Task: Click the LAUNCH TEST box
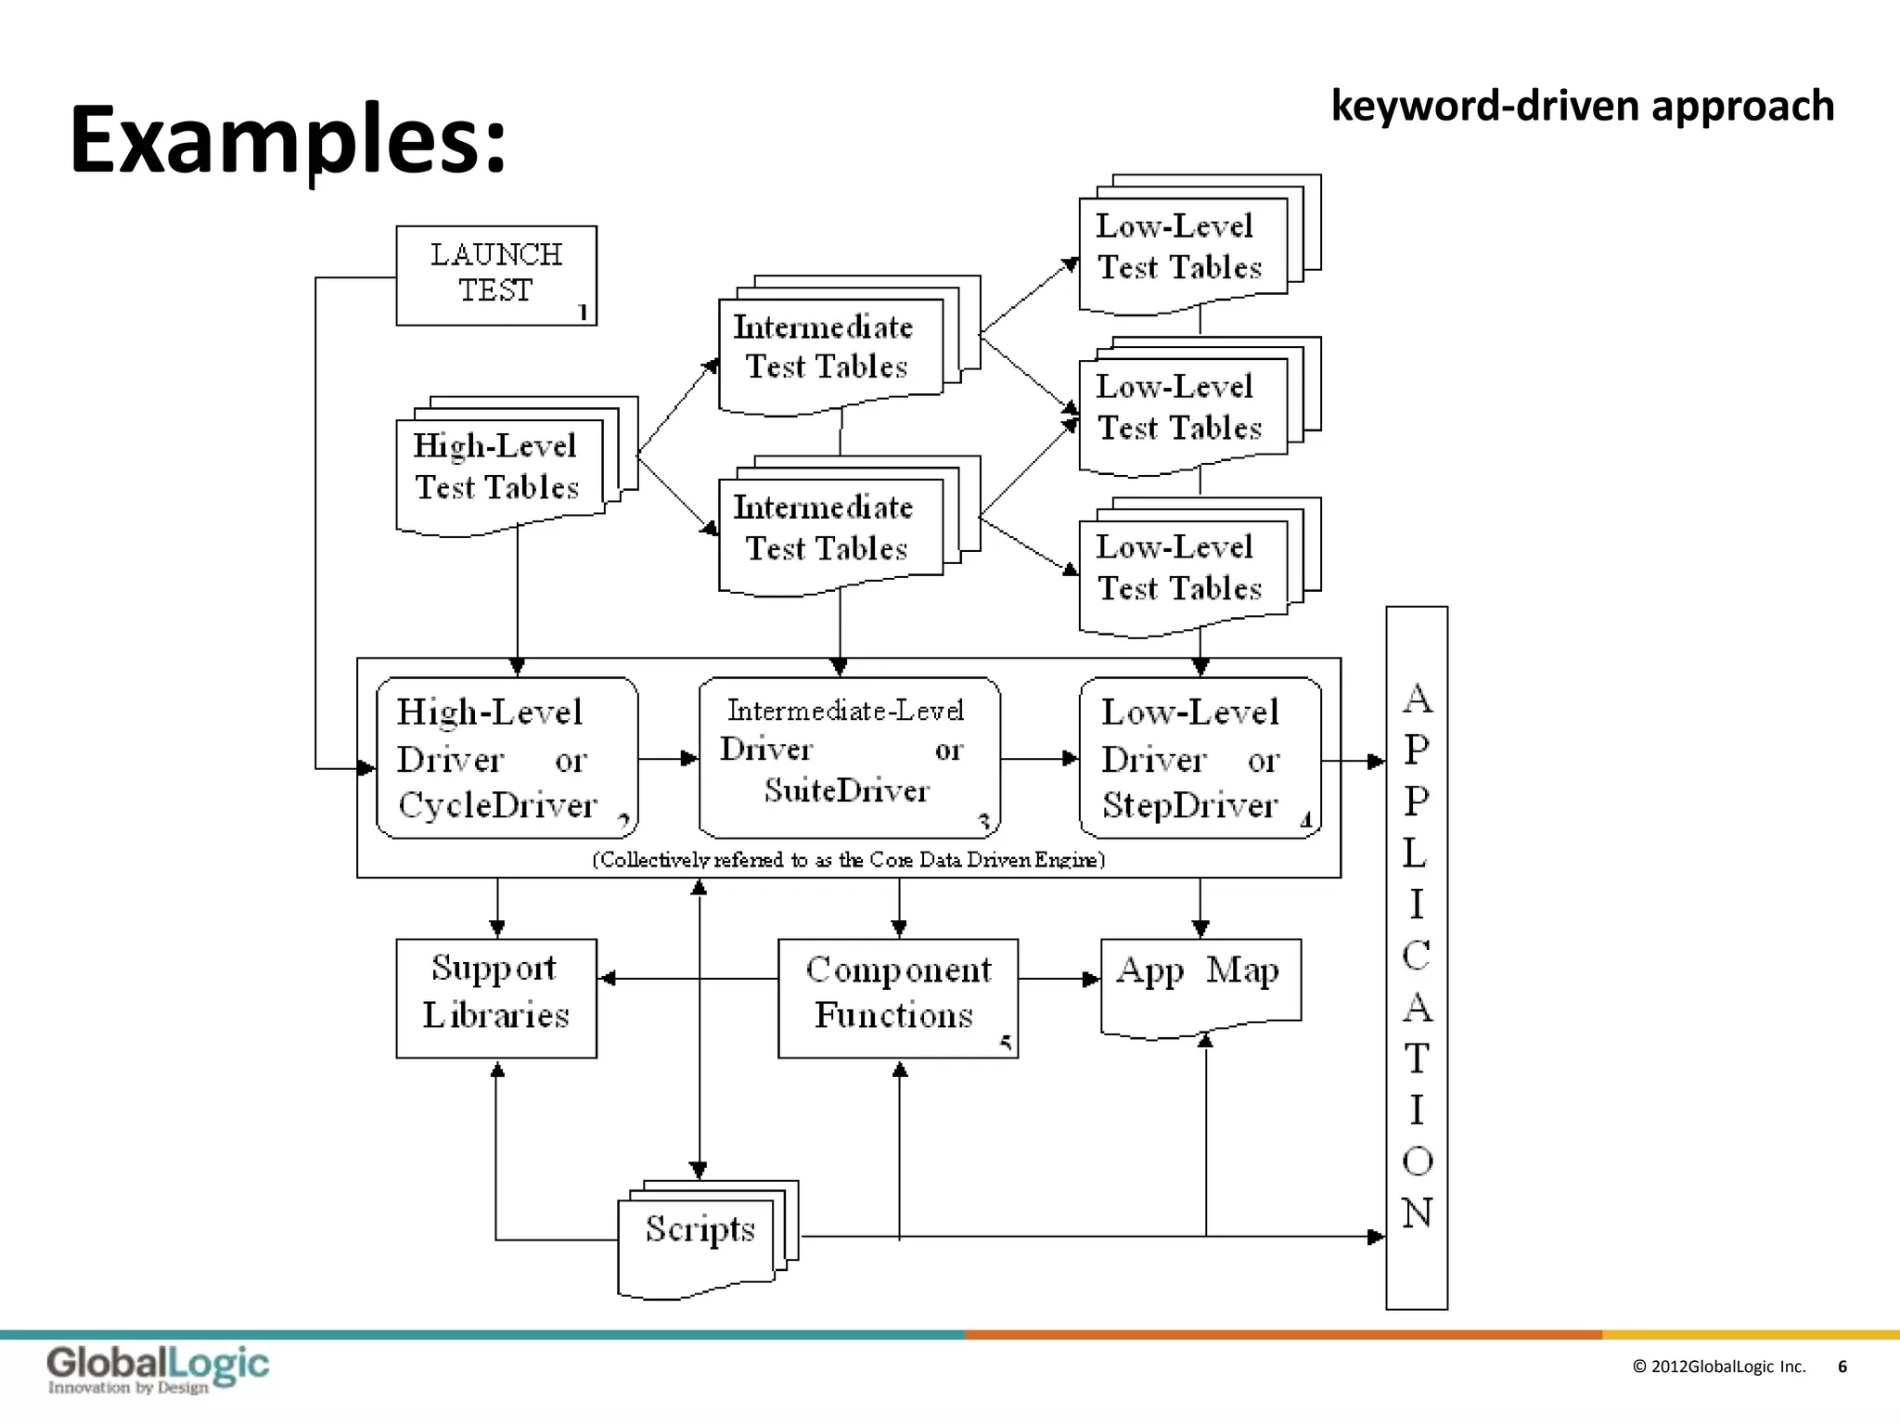tap(496, 275)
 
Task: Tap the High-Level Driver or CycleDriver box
tap(507, 758)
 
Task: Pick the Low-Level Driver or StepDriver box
tap(1199, 758)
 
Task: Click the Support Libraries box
tap(496, 997)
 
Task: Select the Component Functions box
tap(897, 997)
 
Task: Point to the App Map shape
tap(1200, 982)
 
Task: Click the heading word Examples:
tap(289, 139)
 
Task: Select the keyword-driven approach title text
tap(1582, 106)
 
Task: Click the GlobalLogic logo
tap(158, 1369)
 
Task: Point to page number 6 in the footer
tap(1842, 1367)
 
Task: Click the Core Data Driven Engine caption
tap(848, 860)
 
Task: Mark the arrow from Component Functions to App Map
tap(1059, 979)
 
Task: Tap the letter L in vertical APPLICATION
tap(1416, 853)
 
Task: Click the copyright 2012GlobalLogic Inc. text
tap(1718, 1367)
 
